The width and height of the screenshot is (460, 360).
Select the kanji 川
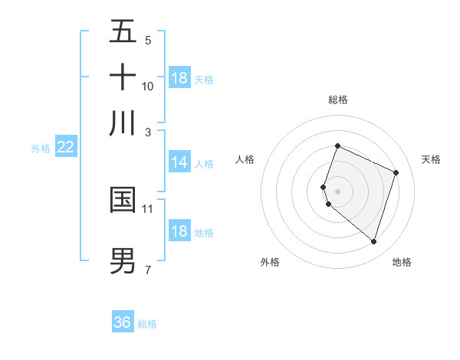coord(123,123)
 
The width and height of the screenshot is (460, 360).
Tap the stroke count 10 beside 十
coord(148,87)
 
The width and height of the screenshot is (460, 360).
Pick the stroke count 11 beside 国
coord(148,208)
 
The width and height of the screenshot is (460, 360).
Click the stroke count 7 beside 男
coord(148,270)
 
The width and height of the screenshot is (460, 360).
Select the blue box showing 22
coord(66,148)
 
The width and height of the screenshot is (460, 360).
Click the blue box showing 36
coord(123,322)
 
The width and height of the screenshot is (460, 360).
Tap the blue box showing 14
coord(179,162)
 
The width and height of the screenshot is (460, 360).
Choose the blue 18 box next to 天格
coord(179,78)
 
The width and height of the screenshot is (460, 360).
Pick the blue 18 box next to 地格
coord(179,231)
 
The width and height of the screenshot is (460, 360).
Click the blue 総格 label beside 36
coord(147,324)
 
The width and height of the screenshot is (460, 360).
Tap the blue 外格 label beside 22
coord(41,149)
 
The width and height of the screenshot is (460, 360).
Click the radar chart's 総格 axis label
coord(337,100)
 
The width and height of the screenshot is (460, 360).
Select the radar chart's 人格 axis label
coord(245,159)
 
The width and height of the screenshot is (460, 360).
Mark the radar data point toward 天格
coord(396,172)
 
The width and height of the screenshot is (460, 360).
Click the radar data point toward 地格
coord(373,242)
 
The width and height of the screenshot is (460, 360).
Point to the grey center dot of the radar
coord(337,191)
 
